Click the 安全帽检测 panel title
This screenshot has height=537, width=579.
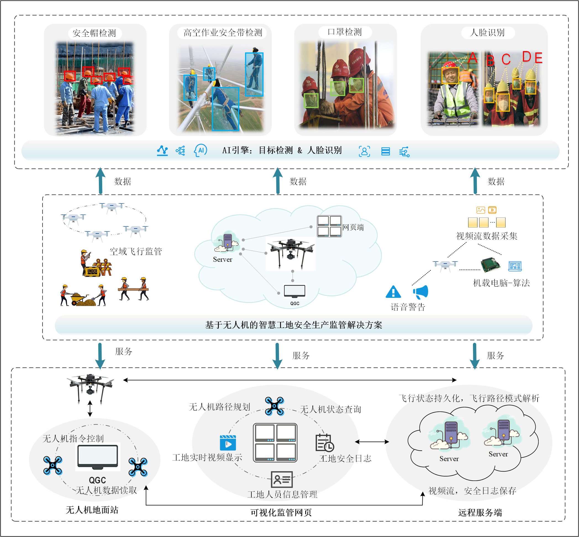94,33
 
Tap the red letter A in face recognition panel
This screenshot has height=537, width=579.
473,58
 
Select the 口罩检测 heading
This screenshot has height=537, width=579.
345,32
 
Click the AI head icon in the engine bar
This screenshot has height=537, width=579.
201,150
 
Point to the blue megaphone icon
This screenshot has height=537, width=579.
421,292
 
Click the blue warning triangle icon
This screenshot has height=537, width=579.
393,292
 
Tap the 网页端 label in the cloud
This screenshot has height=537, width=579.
353,228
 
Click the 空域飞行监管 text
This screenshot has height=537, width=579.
135,251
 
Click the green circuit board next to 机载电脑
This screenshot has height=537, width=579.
490,265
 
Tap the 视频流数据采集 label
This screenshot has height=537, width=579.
487,236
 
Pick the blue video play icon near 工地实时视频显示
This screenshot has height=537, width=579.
228,443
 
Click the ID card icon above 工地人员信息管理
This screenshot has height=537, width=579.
282,480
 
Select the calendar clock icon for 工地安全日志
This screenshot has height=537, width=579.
324,443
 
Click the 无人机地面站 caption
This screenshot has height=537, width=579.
92,510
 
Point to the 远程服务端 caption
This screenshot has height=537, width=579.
480,513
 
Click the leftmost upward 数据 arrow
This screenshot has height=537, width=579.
101,181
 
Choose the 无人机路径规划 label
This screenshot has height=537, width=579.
219,407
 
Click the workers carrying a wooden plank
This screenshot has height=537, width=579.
134,289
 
